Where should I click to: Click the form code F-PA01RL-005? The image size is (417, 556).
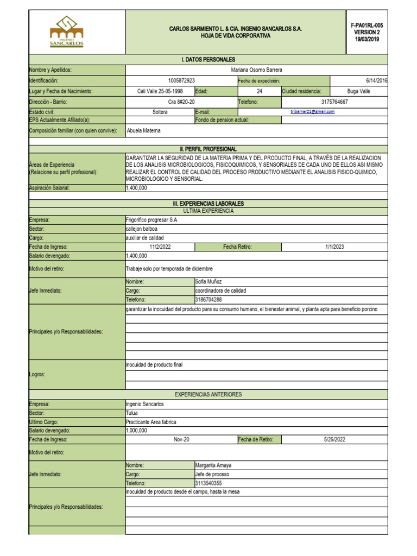pos(367,25)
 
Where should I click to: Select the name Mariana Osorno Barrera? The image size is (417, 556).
pos(257,70)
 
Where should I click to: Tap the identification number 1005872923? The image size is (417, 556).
pos(181,80)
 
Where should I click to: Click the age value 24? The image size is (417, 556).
pos(260,91)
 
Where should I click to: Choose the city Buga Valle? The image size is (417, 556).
pos(358,91)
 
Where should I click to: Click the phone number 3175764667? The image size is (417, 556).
pos(334,102)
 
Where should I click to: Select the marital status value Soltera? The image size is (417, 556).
pos(160,112)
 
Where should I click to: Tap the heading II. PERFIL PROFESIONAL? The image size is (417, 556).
pos(208,149)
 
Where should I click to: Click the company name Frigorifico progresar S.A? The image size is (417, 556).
pos(151,220)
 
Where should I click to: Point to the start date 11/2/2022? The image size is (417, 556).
pos(160,247)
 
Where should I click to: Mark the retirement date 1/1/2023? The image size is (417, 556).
pos(335,247)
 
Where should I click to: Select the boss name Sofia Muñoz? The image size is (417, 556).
pos(208,282)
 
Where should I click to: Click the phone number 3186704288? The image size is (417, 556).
pos(208,299)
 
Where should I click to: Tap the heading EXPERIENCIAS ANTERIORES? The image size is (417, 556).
pos(208,394)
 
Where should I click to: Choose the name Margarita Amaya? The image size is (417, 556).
pos(213,465)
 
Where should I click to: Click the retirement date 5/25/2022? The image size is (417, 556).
pos(335,439)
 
